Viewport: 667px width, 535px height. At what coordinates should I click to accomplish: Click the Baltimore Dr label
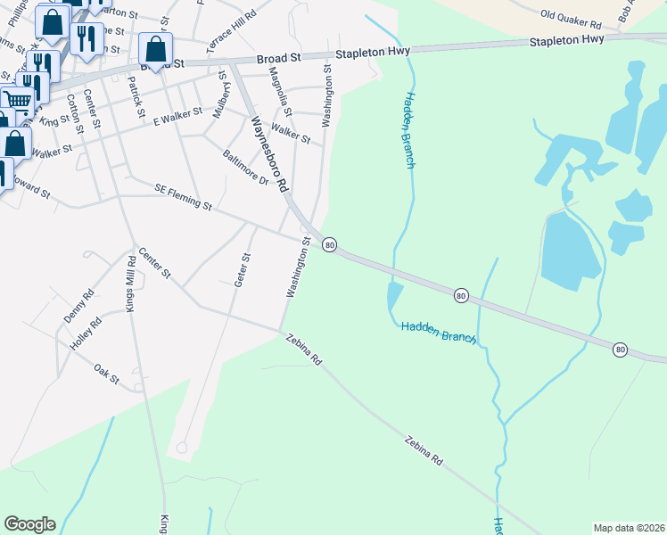pyautogui.click(x=245, y=166)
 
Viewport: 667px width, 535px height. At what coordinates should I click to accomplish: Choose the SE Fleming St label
pyautogui.click(x=183, y=198)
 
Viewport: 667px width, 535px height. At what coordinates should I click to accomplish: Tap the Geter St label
pyautogui.click(x=243, y=269)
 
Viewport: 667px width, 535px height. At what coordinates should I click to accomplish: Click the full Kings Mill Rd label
pyautogui.click(x=132, y=283)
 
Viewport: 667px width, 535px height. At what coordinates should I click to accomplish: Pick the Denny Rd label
pyautogui.click(x=78, y=305)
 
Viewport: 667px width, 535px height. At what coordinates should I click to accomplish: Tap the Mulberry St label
pyautogui.click(x=220, y=97)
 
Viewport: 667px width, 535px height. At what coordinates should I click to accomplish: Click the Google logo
pyautogui.click(x=29, y=524)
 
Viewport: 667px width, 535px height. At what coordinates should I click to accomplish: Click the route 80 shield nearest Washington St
pyautogui.click(x=329, y=244)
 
